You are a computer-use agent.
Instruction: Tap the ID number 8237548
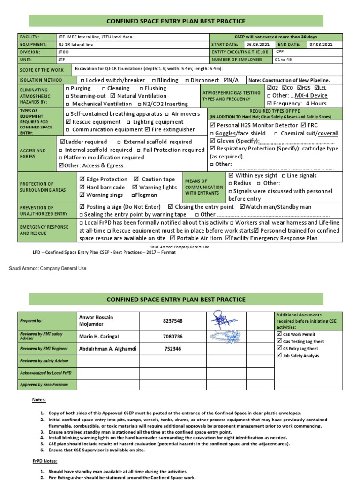pyautogui.click(x=172, y=321)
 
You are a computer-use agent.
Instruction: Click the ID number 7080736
pyautogui.click(x=172, y=337)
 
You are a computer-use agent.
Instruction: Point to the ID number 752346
pyautogui.click(x=172, y=349)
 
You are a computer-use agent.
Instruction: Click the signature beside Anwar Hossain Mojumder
pyautogui.click(x=225, y=320)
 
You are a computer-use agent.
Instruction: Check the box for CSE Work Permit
pyautogui.click(x=279, y=334)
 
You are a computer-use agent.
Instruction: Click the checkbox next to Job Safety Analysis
pyautogui.click(x=279, y=356)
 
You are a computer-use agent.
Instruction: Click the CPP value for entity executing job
pyautogui.click(x=280, y=52)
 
